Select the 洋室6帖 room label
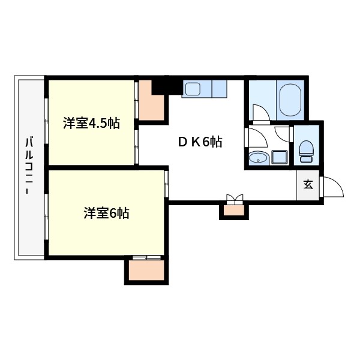pos(106,213)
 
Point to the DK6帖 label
pos(200,142)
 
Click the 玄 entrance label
pos(308,185)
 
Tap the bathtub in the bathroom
pos(289,100)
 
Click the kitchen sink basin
pos(192,89)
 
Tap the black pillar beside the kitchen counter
pos(159,85)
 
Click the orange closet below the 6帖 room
pos(146,271)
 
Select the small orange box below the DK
pos(233,211)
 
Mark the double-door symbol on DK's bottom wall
pos(234,199)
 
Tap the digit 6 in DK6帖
pos(205,142)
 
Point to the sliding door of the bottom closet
pos(146,258)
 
